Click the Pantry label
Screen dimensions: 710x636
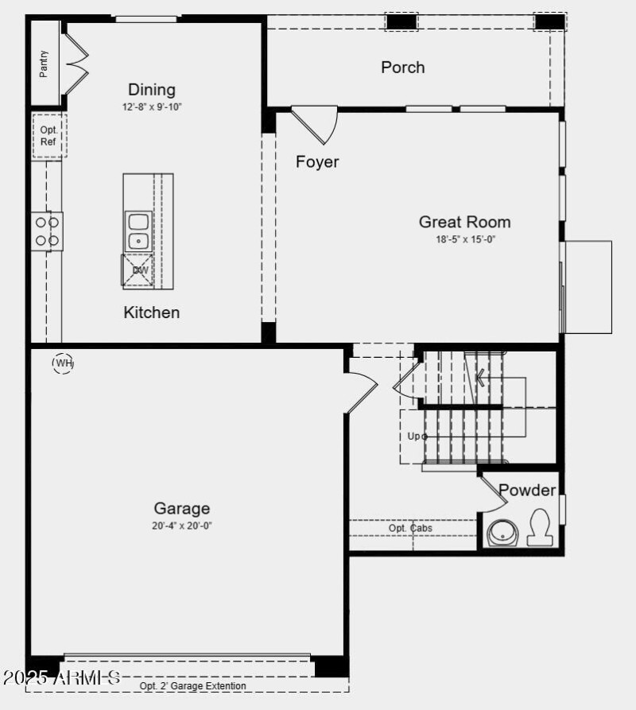tap(44, 64)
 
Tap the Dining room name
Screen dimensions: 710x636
tap(152, 90)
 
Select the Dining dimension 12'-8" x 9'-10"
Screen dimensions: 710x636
tap(152, 107)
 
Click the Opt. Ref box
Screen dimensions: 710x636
tap(48, 136)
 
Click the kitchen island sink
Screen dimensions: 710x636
tap(138, 231)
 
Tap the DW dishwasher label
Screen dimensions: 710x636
tap(141, 270)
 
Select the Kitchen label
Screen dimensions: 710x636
tap(152, 312)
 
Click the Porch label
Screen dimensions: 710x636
tap(403, 68)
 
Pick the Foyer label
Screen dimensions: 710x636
tap(317, 162)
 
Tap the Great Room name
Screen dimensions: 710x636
tap(464, 223)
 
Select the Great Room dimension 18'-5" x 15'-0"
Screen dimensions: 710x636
tap(464, 239)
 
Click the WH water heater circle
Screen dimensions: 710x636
tap(63, 363)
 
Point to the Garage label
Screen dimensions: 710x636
tap(182, 509)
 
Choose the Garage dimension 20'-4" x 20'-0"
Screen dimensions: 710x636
tap(182, 526)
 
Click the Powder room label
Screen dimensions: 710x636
tap(527, 491)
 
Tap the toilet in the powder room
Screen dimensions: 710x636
tap(541, 526)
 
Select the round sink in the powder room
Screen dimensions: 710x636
tap(502, 532)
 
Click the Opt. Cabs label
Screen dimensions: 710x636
tap(410, 528)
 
